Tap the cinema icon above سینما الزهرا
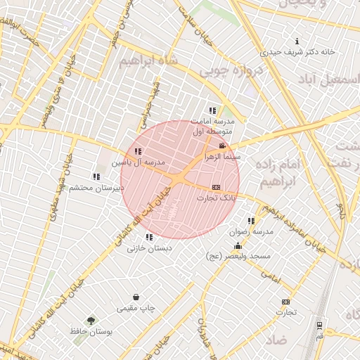click(x=222, y=146)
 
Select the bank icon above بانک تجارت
click(x=216, y=187)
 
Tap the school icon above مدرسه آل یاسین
click(x=138, y=151)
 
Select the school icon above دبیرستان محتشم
click(x=96, y=176)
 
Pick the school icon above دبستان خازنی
click(x=148, y=237)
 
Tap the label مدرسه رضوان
click(x=252, y=231)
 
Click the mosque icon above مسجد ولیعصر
click(x=238, y=246)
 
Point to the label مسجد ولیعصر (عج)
click(x=238, y=257)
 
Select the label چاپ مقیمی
click(x=136, y=308)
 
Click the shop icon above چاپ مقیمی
click(x=136, y=297)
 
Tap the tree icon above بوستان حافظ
click(x=90, y=320)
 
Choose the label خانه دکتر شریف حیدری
click(x=298, y=51)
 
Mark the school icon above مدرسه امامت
click(x=212, y=110)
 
